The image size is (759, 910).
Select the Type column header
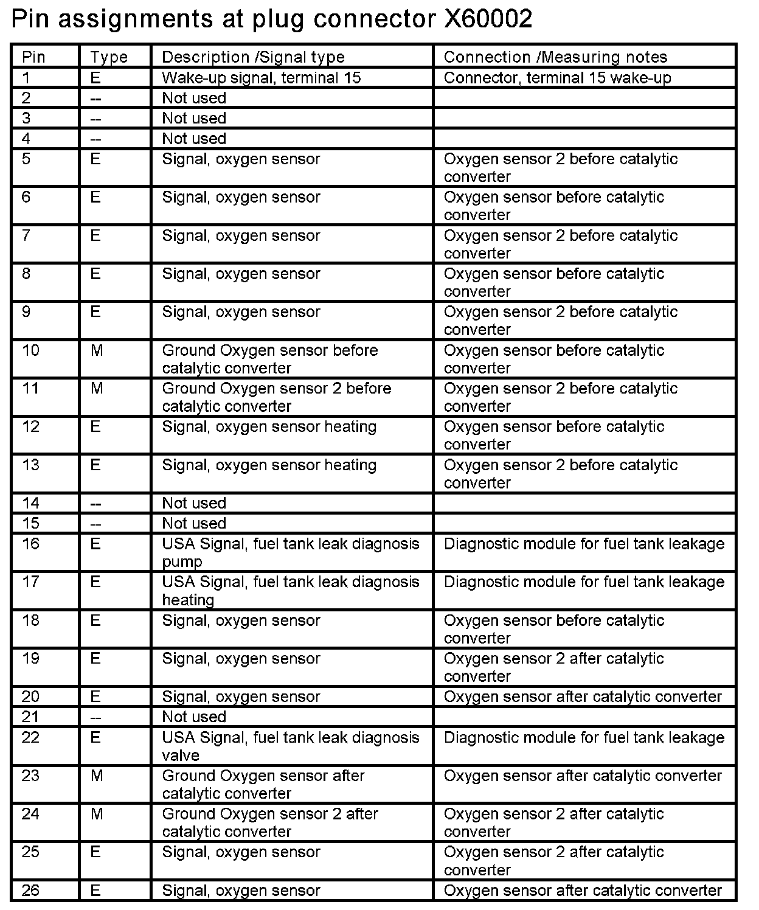(x=109, y=57)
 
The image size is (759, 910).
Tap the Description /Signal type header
(x=253, y=57)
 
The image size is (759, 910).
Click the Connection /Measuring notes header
(x=555, y=57)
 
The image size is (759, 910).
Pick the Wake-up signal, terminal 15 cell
(x=262, y=78)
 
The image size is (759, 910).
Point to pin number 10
(x=30, y=350)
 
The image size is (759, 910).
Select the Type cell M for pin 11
(x=97, y=389)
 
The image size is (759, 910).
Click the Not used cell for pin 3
(x=194, y=118)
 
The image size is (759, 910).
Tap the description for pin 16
(x=290, y=552)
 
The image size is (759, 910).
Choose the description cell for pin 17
(x=290, y=590)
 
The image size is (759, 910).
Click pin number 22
(x=30, y=738)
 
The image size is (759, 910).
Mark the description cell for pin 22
(x=290, y=746)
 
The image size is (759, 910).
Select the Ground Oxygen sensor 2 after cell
(x=270, y=822)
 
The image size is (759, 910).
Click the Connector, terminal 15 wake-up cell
(x=557, y=78)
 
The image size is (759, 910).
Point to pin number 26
(x=30, y=891)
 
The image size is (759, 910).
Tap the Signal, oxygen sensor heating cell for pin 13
(x=269, y=465)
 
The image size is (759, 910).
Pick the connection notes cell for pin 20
(x=583, y=696)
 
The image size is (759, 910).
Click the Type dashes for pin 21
(x=96, y=717)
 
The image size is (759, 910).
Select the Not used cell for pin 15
(x=194, y=523)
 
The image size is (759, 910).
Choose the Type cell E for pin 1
(x=95, y=78)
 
